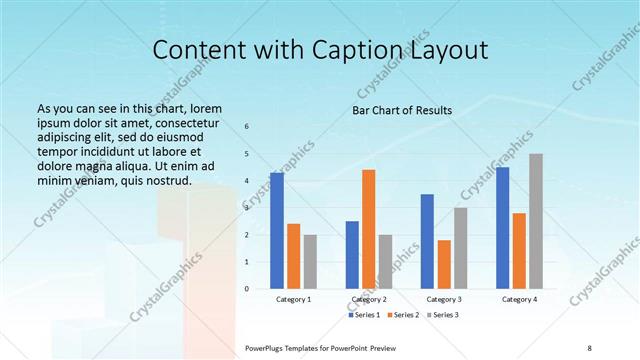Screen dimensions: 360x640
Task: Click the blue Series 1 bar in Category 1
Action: pyautogui.click(x=277, y=231)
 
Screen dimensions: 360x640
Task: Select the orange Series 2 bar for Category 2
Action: pyautogui.click(x=368, y=229)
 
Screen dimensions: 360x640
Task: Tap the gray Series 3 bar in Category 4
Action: pyautogui.click(x=536, y=221)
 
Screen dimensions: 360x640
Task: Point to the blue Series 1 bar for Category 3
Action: pyautogui.click(x=427, y=241)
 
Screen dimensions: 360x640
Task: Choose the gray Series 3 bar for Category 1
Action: pyautogui.click(x=310, y=261)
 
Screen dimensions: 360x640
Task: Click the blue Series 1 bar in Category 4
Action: pyautogui.click(x=502, y=228)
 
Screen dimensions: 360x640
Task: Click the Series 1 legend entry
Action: pyautogui.click(x=362, y=315)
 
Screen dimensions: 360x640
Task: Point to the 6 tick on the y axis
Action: pyautogui.click(x=247, y=127)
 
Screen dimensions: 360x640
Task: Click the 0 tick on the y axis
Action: pyautogui.click(x=247, y=289)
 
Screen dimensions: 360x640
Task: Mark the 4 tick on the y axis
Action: pyautogui.click(x=247, y=181)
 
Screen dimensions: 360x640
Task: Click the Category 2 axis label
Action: pyautogui.click(x=368, y=299)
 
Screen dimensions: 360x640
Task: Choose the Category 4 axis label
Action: pyautogui.click(x=519, y=299)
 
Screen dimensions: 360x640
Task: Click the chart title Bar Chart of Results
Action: pyautogui.click(x=402, y=110)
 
